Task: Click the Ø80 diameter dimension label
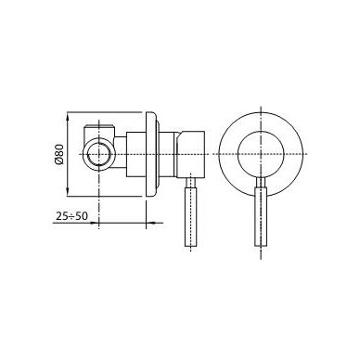(59, 154)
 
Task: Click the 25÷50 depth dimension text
(71, 216)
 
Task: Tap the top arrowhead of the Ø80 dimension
(68, 116)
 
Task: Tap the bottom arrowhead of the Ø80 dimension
(68, 192)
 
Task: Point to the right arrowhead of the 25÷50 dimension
(150, 223)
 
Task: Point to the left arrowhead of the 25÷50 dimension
(95, 223)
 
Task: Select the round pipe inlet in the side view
(98, 154)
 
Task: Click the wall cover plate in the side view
(151, 154)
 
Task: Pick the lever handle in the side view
(191, 216)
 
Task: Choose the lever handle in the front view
(261, 216)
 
